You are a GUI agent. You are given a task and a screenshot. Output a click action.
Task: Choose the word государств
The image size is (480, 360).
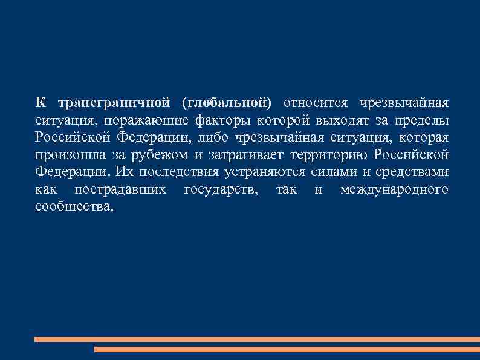(222, 189)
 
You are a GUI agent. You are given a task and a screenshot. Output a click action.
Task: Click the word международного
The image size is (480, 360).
(394, 189)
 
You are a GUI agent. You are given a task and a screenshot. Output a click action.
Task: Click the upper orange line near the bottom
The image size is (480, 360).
(242, 339)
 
